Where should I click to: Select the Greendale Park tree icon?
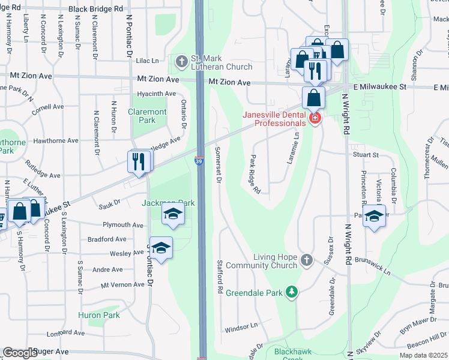[292, 292]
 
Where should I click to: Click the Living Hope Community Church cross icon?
[307, 260]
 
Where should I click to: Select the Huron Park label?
[99, 315]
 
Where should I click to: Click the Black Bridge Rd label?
[95, 9]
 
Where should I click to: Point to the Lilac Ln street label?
[147, 61]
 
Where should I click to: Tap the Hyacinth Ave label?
[156, 94]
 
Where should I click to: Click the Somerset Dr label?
[218, 164]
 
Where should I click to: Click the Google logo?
[20, 353]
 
